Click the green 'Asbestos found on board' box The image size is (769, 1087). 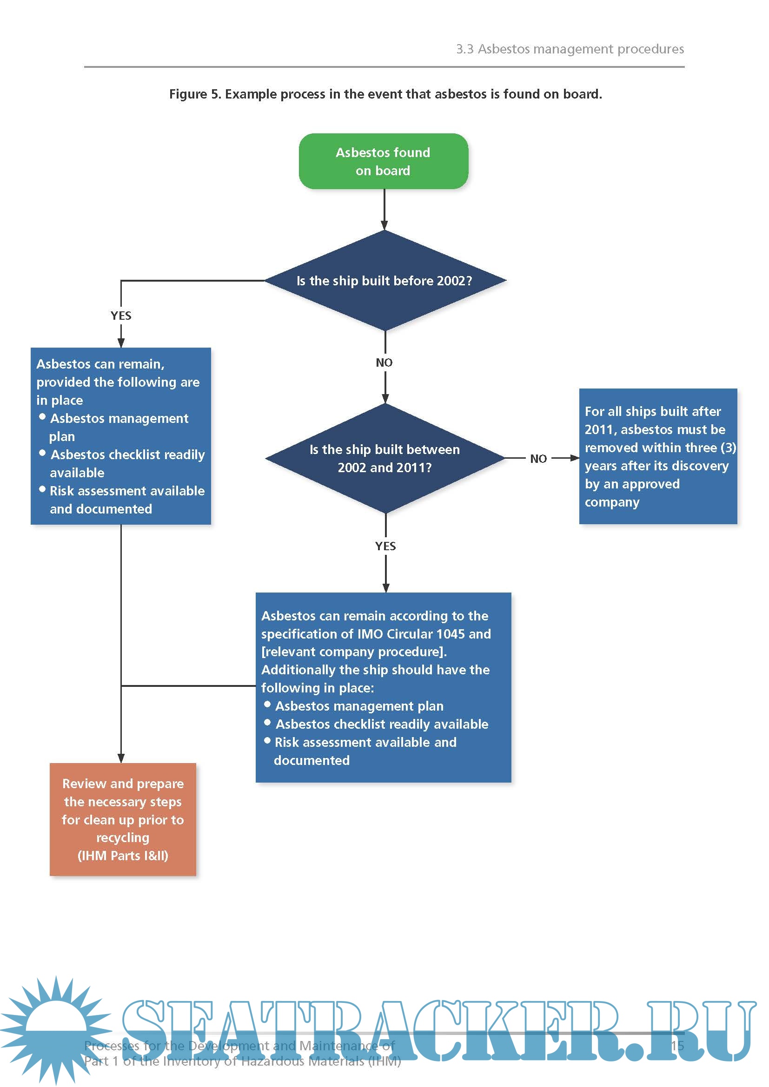(383, 161)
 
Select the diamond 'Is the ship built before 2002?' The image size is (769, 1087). (384, 281)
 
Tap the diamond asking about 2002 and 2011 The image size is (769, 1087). (384, 458)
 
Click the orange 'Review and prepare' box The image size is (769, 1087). (123, 819)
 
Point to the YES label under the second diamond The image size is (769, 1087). (385, 546)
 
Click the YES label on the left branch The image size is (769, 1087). (121, 316)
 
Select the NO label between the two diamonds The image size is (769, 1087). (384, 362)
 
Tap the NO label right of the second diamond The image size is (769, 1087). (538, 459)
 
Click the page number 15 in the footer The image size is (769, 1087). (677, 1046)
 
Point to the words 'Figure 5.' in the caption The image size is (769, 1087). (195, 94)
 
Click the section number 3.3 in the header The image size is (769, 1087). (464, 49)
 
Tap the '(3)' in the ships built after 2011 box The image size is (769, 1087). (728, 448)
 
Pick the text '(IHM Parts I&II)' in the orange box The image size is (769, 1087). (123, 856)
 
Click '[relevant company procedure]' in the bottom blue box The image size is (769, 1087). (354, 652)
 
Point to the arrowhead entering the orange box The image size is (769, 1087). (121, 758)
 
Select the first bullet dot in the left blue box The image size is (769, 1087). (43, 416)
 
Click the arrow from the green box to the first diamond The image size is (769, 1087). (384, 209)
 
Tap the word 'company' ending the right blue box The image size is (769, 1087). (612, 502)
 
